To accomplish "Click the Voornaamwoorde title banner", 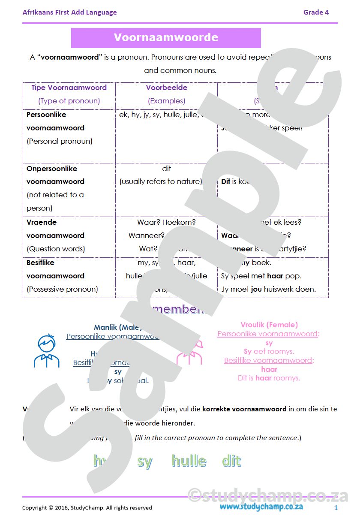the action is [166, 38].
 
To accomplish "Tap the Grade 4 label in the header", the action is [316, 12].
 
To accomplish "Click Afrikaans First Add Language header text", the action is [69, 12].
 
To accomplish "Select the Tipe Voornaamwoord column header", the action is [69, 88].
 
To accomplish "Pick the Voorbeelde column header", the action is [166, 88].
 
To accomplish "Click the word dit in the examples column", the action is [167, 169].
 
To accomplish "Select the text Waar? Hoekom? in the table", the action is [166, 222].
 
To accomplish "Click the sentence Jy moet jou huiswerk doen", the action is [268, 289].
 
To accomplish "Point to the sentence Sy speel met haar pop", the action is [261, 276].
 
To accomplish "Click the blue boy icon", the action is [46, 351].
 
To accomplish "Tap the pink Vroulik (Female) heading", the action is [269, 325].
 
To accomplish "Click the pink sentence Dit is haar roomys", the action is [269, 378].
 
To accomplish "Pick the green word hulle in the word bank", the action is [189, 461].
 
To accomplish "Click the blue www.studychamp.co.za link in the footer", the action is [261, 507].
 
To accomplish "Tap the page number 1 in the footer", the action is [336, 508].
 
